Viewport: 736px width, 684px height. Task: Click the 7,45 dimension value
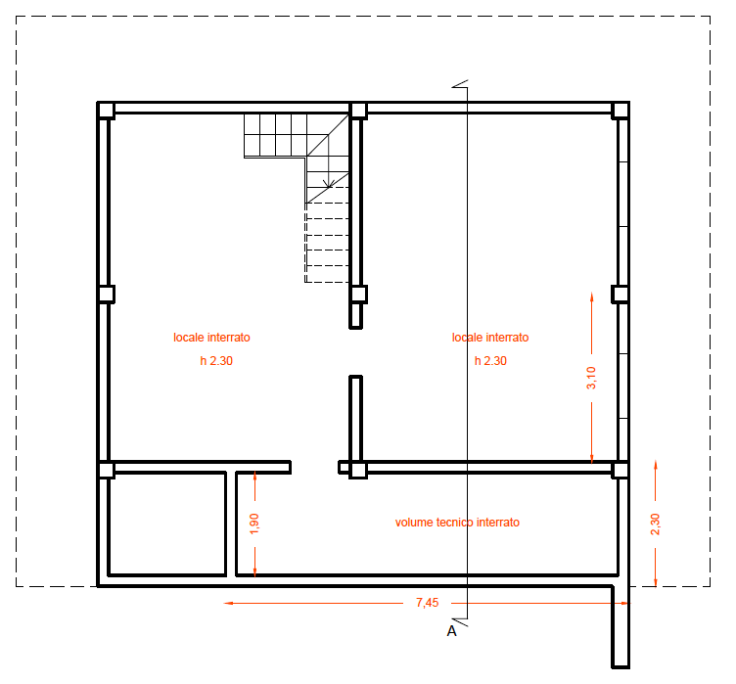[427, 603]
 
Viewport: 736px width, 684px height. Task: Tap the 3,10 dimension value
[591, 378]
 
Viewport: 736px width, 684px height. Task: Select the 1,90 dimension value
[254, 524]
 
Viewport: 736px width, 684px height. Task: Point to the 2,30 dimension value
[656, 524]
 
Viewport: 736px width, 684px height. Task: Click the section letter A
[451, 631]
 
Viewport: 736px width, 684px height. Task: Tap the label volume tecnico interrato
[457, 523]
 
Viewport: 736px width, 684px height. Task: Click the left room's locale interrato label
[211, 338]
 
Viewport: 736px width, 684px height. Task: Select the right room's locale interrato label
[490, 338]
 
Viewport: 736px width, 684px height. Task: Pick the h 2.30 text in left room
[216, 361]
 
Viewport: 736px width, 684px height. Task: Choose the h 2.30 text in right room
[490, 361]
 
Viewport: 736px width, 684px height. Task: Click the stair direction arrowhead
[329, 184]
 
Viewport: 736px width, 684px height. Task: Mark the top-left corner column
[106, 111]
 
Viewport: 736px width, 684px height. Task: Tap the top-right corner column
[621, 111]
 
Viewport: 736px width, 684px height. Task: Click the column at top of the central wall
[358, 111]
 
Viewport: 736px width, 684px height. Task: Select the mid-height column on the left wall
[106, 295]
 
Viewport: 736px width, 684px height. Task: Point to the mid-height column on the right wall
[621, 295]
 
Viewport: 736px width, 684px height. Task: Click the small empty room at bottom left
[167, 524]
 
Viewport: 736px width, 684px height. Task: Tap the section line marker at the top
[460, 84]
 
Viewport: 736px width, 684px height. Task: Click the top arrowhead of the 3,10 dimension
[591, 297]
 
